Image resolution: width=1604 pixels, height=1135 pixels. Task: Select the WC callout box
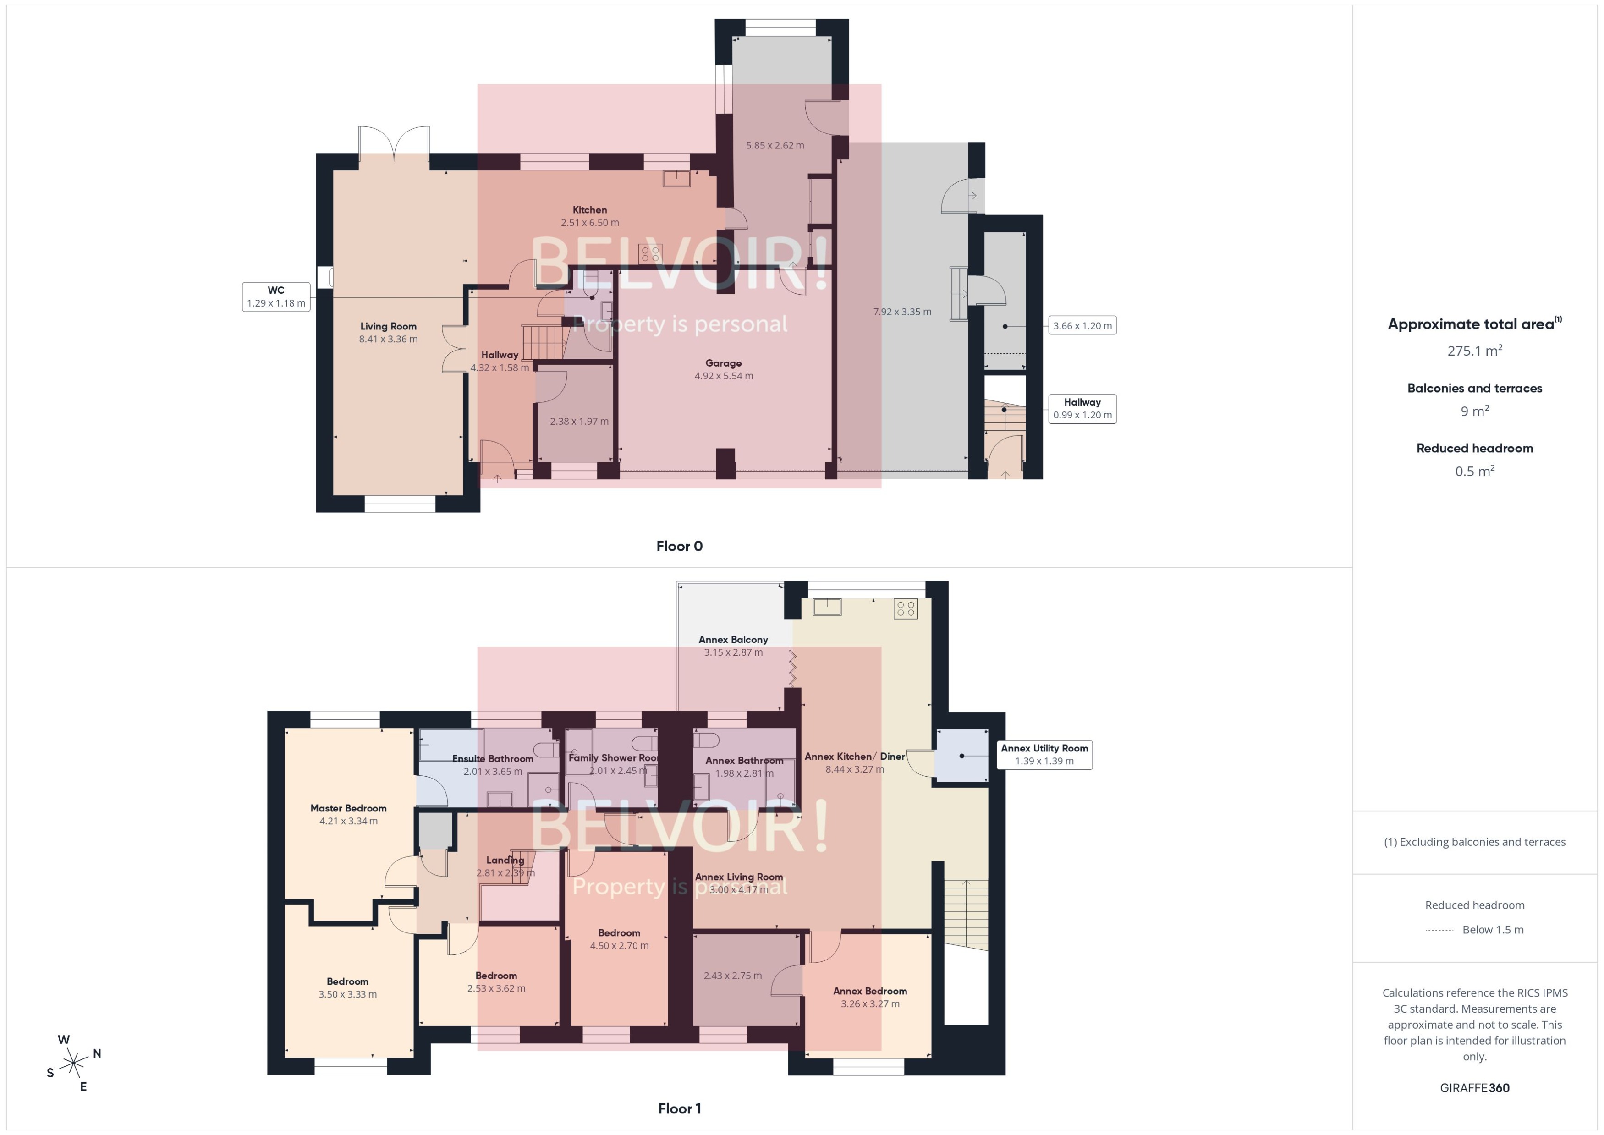pos(276,296)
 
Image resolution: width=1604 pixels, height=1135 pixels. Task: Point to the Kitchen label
pos(589,210)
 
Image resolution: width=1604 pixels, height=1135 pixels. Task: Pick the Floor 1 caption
pos(679,1108)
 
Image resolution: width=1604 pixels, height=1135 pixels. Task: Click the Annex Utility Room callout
pos(1044,755)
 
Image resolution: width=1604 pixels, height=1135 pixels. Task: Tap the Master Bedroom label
pos(348,808)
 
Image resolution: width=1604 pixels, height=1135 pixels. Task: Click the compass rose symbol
pos(73,1064)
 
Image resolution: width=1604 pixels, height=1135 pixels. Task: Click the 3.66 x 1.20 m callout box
pos(1082,326)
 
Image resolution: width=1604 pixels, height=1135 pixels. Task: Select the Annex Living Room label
pos(739,877)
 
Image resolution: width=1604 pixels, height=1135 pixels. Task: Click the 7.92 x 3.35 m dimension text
pos(901,312)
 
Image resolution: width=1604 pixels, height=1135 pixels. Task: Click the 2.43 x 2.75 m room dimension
pos(732,976)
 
